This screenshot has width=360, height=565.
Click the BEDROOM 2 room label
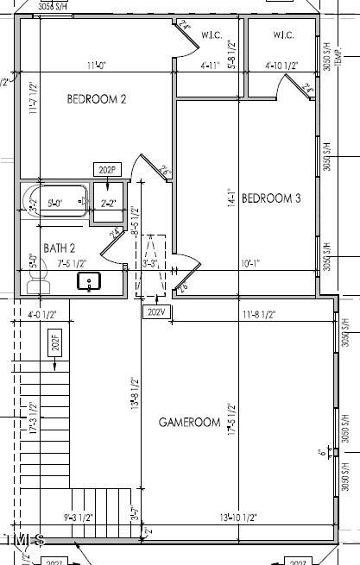point(97,99)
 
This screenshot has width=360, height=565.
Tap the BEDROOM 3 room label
point(270,198)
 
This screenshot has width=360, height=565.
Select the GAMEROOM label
point(190,422)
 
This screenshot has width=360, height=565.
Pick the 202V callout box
point(155,311)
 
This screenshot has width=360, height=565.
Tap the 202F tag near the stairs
point(56,345)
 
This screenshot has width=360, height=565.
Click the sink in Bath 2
point(90,281)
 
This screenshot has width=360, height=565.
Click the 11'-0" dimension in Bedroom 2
point(98,66)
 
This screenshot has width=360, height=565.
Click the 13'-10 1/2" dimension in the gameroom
point(239,517)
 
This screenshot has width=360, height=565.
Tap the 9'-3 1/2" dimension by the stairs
point(79,517)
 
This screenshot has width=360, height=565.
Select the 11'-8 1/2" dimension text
point(258,315)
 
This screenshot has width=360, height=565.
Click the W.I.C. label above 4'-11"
point(212,35)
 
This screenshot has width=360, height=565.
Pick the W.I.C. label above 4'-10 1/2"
point(284,35)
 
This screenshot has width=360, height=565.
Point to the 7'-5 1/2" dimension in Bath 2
point(72,264)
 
